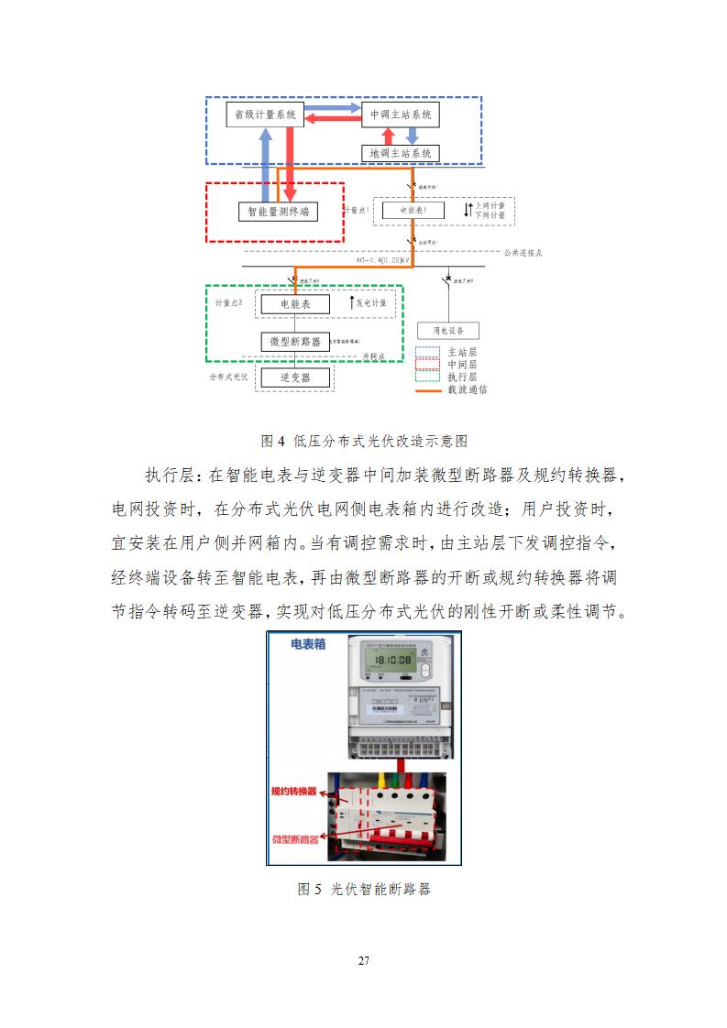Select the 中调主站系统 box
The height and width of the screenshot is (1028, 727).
(401, 115)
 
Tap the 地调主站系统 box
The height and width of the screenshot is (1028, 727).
(401, 153)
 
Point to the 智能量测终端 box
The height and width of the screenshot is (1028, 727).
(273, 213)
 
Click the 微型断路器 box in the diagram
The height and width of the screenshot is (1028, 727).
(295, 341)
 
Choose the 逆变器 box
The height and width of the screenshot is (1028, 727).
(295, 377)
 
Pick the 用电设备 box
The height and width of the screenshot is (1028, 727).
(448, 331)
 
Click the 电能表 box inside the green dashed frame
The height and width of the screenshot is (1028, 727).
(295, 303)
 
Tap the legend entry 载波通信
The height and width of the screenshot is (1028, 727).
(467, 389)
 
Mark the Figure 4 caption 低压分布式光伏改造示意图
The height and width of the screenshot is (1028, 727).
(364, 441)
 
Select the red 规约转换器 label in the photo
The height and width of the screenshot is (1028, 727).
(293, 791)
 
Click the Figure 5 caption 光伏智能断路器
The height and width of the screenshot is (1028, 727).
(364, 889)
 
